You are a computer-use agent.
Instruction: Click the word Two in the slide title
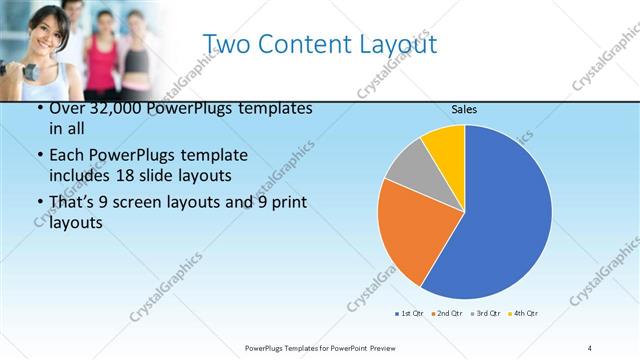[227, 45]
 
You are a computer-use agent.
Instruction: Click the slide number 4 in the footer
[590, 347]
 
